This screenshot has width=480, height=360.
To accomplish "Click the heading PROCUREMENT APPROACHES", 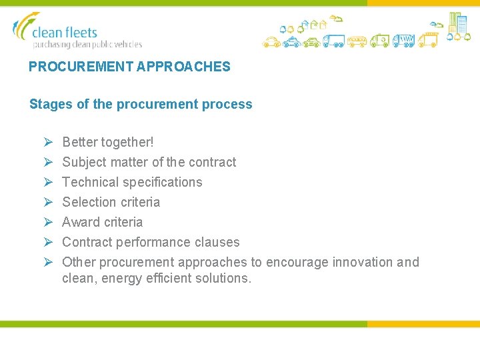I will coord(129,67).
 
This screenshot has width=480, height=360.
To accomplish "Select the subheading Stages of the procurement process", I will coord(141,104).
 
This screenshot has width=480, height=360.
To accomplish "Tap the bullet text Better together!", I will coord(107,142).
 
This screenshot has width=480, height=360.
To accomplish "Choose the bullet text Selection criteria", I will coord(111,202).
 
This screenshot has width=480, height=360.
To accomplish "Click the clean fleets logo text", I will coord(65,33).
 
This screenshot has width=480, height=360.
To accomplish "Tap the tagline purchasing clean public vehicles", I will coord(87,45).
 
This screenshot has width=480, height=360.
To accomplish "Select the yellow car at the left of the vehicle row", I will coord(271,42).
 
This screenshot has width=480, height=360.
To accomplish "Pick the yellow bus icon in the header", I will coord(357,41).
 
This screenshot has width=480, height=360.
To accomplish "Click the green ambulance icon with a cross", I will coord(380,41).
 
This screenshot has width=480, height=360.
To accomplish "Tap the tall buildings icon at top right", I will coord(458,23).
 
